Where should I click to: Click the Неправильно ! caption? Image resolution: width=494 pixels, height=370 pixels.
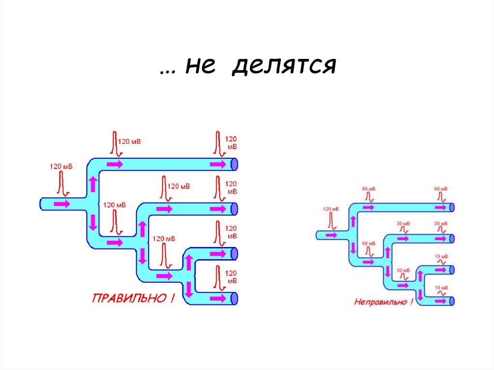[384, 302]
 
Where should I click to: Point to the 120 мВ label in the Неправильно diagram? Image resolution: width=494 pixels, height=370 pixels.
[331, 209]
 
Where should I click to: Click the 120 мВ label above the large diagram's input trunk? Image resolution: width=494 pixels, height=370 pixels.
[61, 166]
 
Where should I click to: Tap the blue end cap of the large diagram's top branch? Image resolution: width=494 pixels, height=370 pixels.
[234, 164]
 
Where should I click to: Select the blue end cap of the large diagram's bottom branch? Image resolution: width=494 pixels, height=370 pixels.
[234, 298]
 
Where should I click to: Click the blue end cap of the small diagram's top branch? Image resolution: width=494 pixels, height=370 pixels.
[453, 206]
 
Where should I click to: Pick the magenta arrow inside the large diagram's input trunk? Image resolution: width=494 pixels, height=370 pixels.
[61, 204]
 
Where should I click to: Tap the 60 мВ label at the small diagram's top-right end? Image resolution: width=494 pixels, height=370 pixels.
[440, 189]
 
